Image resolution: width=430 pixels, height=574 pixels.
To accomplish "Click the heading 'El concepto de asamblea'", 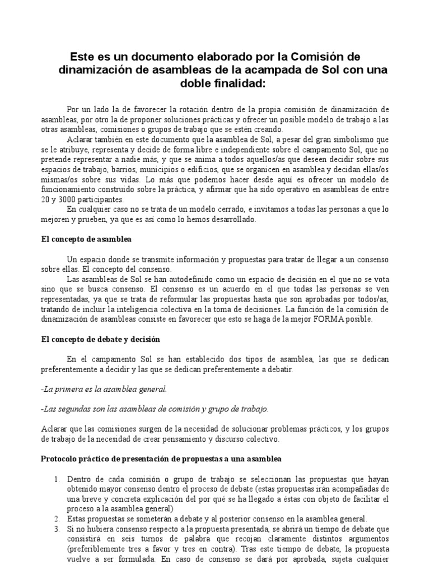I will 86,239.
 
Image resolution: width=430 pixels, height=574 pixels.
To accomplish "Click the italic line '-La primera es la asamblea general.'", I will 104,388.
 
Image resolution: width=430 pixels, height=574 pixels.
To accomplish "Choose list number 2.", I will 57,519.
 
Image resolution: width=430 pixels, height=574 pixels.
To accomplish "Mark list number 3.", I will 57,529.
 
